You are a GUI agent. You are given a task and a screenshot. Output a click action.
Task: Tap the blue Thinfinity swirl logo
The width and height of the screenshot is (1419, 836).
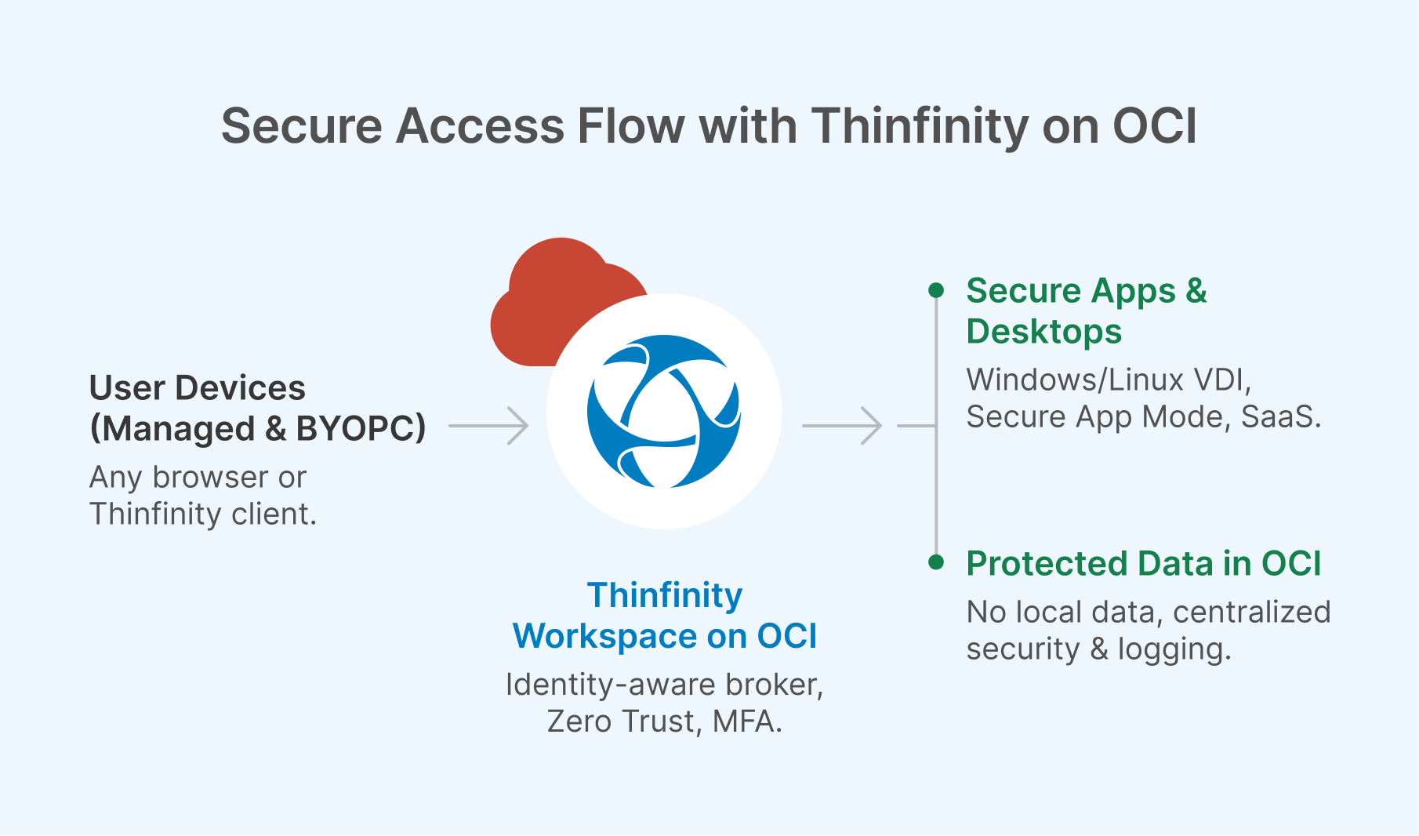(663, 411)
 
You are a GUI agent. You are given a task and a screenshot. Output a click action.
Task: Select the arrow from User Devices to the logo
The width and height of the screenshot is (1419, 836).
(489, 426)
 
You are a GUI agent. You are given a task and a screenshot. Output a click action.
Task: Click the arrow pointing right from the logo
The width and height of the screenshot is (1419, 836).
(843, 426)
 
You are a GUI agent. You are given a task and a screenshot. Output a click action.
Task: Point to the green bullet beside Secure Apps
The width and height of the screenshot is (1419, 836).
(935, 290)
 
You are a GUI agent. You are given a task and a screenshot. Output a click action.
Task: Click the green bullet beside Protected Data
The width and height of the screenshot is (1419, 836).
(935, 562)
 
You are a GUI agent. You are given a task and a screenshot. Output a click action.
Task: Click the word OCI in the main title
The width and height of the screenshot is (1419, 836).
(1155, 126)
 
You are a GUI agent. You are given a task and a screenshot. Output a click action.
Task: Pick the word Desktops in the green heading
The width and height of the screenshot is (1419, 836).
(1043, 331)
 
